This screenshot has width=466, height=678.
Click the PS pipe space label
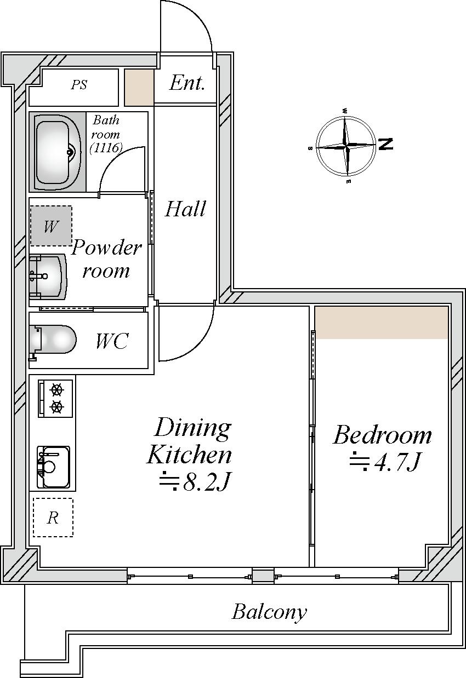point(79,85)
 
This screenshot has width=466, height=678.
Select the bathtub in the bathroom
point(58,152)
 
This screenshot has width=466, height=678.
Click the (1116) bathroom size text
point(106,148)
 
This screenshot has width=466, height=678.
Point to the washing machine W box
point(51,226)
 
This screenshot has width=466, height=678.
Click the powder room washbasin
point(48,277)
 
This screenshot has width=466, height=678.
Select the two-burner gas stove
point(55,399)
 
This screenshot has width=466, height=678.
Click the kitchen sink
point(54,467)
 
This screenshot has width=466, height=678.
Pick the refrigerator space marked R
point(53,518)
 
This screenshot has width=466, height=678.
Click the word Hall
point(185,209)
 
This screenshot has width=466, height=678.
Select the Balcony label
point(269,612)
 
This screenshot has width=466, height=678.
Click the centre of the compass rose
point(346,147)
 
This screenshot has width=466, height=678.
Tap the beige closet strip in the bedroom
point(382,323)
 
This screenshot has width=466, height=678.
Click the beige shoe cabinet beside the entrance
point(139,88)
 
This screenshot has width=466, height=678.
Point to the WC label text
point(112,341)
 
